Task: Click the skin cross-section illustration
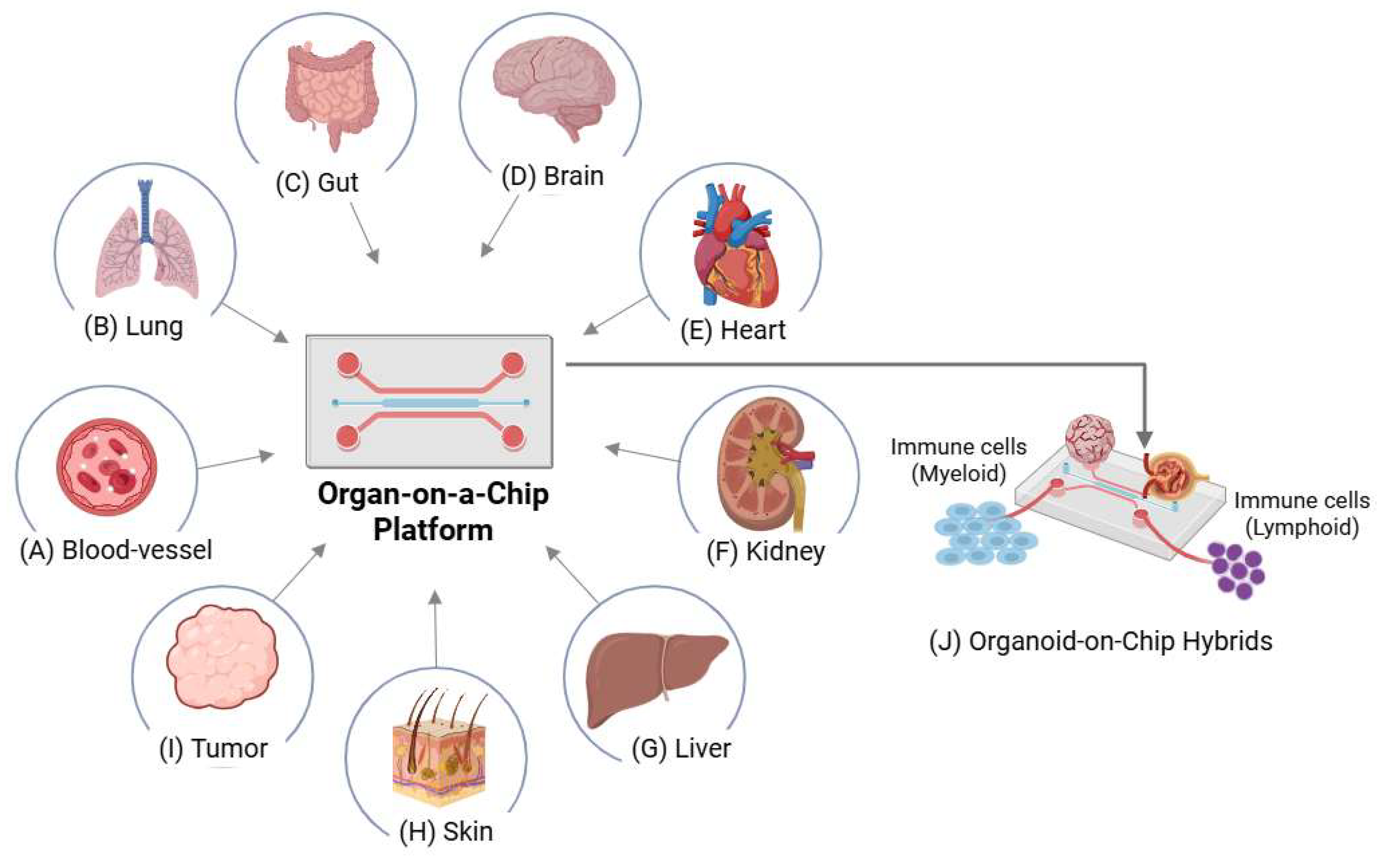(x=439, y=747)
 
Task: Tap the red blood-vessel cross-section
(x=107, y=467)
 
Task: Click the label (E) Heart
(x=733, y=330)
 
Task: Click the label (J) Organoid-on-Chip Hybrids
(x=1101, y=642)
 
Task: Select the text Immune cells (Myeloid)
(x=958, y=460)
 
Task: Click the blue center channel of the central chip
(x=430, y=403)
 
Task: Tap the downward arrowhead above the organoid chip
(x=1144, y=437)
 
